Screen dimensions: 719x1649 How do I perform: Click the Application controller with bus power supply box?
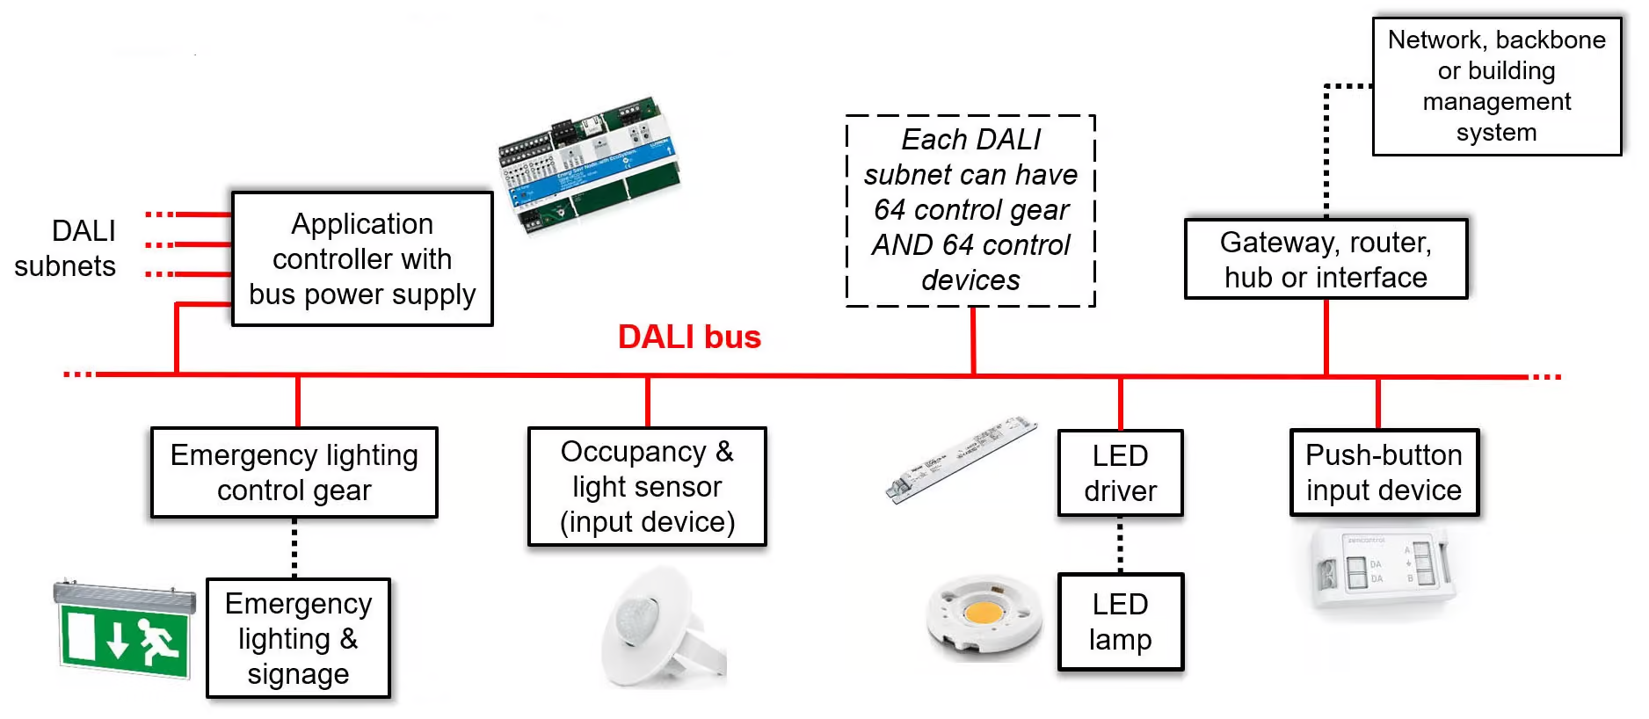[x=362, y=259]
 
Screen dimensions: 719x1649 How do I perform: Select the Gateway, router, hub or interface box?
[x=1326, y=259]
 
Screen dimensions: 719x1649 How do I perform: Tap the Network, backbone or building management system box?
[x=1496, y=86]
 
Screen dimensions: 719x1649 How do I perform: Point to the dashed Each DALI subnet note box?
[x=970, y=210]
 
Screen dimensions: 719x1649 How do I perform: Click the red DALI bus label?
[x=689, y=337]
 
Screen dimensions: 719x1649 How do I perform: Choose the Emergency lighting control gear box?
[x=294, y=473]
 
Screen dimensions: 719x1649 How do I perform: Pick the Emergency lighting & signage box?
[x=298, y=638]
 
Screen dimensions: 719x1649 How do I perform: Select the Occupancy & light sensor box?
[x=647, y=487]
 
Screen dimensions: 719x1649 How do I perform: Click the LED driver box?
[x=1120, y=473]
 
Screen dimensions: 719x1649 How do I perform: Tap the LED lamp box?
[x=1120, y=622]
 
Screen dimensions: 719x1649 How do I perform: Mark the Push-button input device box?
[x=1384, y=473]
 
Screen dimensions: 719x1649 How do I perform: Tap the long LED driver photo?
[x=961, y=460]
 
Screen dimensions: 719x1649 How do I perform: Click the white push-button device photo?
[x=1380, y=570]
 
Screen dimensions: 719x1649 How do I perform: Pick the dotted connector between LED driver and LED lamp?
[x=1120, y=545]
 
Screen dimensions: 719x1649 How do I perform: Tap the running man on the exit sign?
[x=158, y=641]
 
